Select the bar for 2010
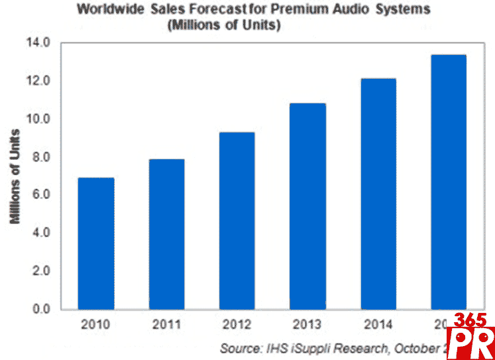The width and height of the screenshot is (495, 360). click(97, 243)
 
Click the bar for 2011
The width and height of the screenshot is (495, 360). click(167, 234)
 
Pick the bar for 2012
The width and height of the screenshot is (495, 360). click(237, 221)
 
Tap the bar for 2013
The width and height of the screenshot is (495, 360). click(307, 206)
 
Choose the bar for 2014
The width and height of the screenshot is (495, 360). click(378, 194)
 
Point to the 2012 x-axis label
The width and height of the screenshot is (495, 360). click(237, 325)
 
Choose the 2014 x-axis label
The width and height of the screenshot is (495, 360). click(378, 325)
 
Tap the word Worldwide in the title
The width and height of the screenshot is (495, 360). click(109, 10)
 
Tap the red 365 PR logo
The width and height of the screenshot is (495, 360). click(472, 335)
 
